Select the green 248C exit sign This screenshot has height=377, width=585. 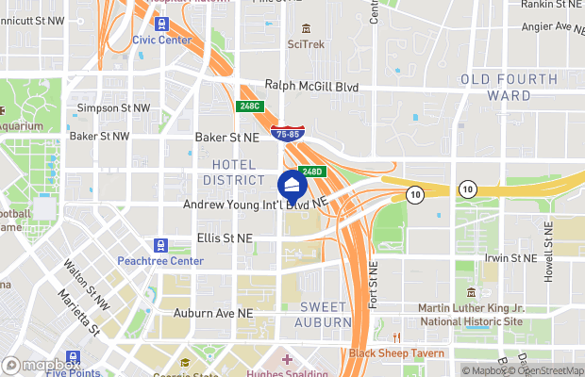click(x=249, y=107)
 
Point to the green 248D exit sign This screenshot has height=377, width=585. click(x=313, y=172)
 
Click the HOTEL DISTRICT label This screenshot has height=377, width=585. click(x=232, y=172)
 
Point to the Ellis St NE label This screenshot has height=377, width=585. click(x=225, y=238)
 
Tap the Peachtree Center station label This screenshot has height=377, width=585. click(x=160, y=261)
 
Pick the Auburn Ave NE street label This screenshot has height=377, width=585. click(x=213, y=312)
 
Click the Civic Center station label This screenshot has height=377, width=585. click(x=160, y=40)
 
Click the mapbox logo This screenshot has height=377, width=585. click(x=41, y=365)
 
